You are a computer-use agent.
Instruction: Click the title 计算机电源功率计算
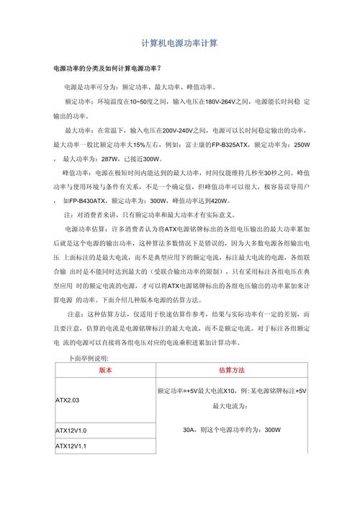180,44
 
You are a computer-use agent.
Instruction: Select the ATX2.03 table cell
67,399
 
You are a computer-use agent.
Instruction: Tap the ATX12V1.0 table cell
71,431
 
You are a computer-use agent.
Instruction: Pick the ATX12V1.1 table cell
71,447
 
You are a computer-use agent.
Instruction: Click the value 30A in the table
189,431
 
